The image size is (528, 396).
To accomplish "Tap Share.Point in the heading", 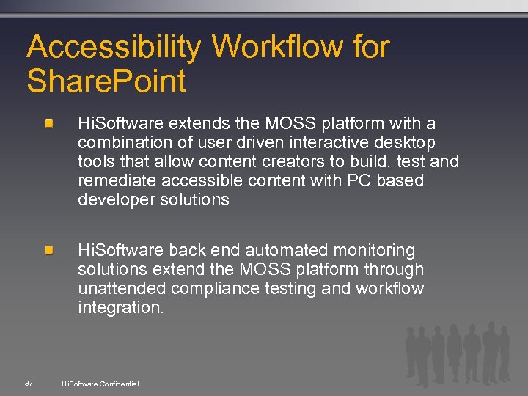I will pos(106,81).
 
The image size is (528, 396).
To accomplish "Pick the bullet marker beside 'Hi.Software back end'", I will pos(48,251).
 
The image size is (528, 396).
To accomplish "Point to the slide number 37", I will pos(29,383).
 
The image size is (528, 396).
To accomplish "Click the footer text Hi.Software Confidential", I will pos(101,384).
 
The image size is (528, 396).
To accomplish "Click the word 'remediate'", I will pos(116,180).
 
